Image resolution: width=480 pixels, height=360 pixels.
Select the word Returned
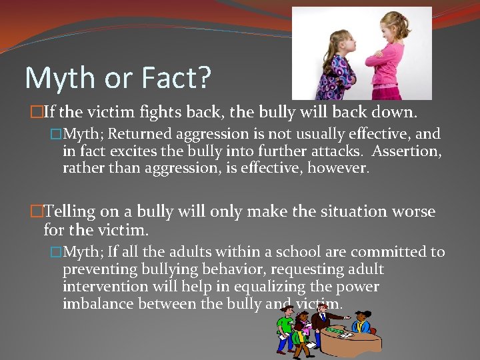point(147,135)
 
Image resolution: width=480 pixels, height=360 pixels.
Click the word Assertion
point(409,151)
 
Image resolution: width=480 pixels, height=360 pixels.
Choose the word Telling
point(69,212)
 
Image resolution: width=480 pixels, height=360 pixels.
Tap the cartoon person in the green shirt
point(286,327)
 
